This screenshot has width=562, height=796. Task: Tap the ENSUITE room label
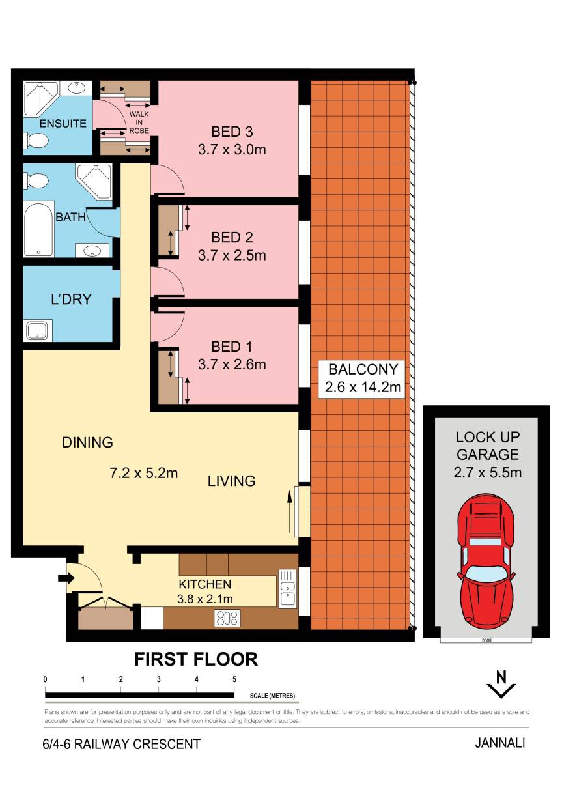[63, 124]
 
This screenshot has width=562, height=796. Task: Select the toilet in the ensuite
[35, 140]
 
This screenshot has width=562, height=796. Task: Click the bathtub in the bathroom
[38, 229]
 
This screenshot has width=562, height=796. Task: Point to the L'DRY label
[71, 299]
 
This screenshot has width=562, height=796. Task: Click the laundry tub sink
[37, 331]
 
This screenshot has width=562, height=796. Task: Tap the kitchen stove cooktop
[227, 618]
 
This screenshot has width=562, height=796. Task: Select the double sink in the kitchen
[287, 588]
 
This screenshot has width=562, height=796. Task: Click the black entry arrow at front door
[66, 578]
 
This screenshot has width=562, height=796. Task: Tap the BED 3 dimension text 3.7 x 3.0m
[232, 149]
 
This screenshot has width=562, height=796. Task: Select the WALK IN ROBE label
[139, 122]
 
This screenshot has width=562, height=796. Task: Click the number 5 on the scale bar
[234, 679]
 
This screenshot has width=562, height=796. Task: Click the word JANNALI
[500, 743]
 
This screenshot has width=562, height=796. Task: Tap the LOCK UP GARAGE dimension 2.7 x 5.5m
[487, 473]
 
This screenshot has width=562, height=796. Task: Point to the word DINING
[87, 442]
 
